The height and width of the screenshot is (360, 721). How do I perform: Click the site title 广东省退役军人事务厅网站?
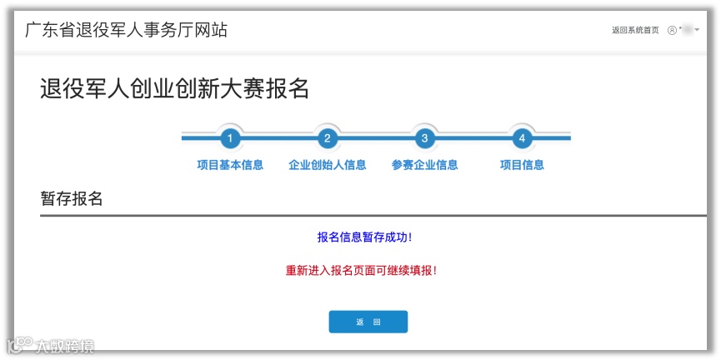[126, 31]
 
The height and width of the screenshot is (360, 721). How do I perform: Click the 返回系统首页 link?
[635, 30]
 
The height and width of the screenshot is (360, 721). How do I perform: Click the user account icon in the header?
[672, 30]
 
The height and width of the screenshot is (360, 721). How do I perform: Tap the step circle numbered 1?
[230, 138]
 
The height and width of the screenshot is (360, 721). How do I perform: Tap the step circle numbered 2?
[328, 138]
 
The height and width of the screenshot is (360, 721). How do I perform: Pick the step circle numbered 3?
[424, 138]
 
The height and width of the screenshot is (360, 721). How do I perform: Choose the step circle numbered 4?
[522, 138]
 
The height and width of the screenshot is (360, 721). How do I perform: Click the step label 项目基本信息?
[230, 165]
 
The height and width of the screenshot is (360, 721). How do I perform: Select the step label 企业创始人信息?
[328, 165]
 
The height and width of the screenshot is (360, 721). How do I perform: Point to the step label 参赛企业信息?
[424, 165]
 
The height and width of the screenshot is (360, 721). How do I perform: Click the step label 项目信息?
[522, 165]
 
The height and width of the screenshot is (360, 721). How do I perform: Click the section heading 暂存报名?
[72, 198]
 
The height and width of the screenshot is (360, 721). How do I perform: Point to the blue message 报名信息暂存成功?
[364, 237]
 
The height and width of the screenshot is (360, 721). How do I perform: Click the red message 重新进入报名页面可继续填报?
[361, 270]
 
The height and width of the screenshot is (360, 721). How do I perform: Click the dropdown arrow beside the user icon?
[697, 30]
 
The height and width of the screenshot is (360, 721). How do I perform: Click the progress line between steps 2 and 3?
[376, 137]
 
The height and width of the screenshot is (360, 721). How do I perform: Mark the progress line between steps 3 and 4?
[473, 137]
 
